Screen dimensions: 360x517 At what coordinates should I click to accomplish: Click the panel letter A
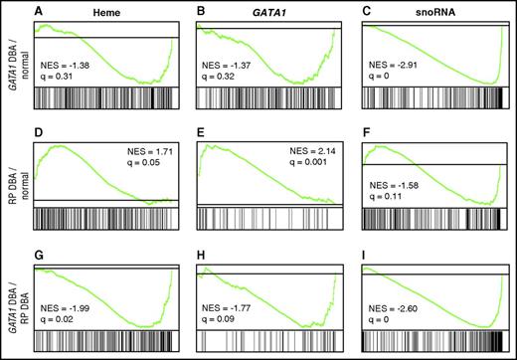click(39, 10)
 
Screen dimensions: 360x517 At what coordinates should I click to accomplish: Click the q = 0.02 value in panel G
click(60, 315)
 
